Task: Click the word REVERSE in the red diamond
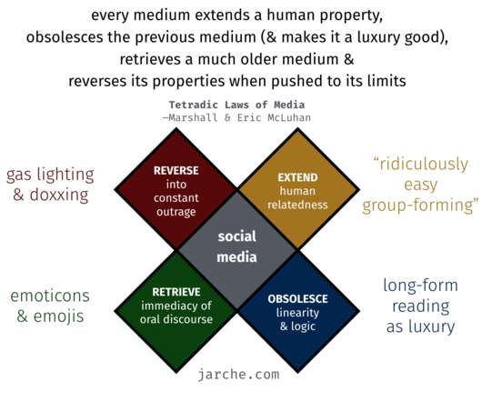click(176, 171)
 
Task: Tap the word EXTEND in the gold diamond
click(297, 177)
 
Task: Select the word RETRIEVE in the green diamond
click(176, 292)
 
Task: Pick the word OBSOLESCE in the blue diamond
click(297, 298)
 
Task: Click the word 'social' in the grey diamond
click(237, 236)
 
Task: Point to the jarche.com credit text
click(238, 375)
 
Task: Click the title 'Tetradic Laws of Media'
click(236, 105)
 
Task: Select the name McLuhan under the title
click(289, 117)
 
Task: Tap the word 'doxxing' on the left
click(59, 195)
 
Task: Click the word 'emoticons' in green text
click(50, 296)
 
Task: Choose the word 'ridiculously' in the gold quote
click(424, 164)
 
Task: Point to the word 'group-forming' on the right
click(418, 206)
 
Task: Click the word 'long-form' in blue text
click(420, 286)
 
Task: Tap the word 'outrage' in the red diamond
click(176, 212)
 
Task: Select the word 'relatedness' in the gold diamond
click(297, 205)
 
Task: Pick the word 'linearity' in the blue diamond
click(297, 313)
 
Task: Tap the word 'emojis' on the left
click(59, 317)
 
